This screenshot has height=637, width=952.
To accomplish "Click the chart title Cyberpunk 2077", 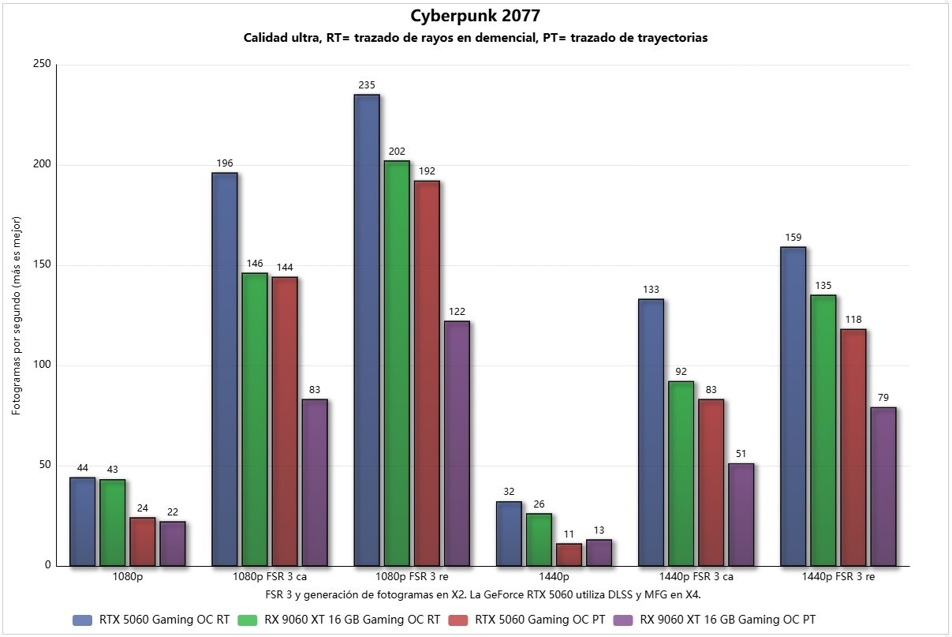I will click(x=475, y=16).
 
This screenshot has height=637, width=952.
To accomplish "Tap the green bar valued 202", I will click(x=397, y=363).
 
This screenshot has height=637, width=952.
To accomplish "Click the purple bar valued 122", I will click(x=457, y=443).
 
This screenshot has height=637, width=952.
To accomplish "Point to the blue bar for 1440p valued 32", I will click(x=509, y=534).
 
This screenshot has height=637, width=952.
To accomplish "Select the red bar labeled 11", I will click(x=569, y=554).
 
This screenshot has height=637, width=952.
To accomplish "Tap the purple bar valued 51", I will click(x=741, y=514).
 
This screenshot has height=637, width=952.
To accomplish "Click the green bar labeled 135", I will click(x=823, y=430).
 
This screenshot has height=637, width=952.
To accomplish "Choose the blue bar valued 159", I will click(x=793, y=407).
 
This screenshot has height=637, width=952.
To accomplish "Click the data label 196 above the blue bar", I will click(x=225, y=163).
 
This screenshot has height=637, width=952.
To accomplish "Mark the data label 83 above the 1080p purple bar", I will click(x=315, y=390).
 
